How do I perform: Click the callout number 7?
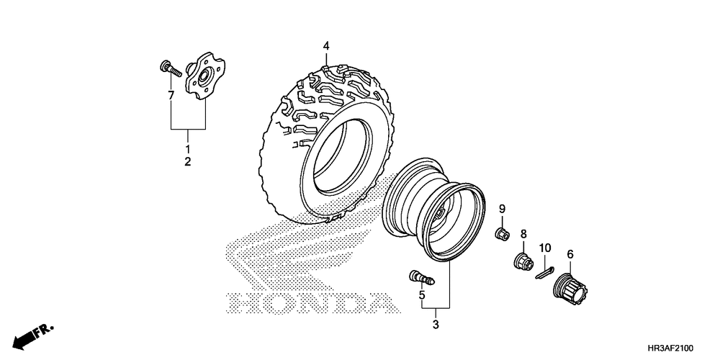coord(171,96)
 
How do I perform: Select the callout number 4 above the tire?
coord(326,46)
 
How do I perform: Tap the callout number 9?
coord(502,209)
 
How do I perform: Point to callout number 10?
coord(544,248)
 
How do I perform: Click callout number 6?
coord(570,254)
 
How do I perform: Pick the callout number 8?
coord(523,234)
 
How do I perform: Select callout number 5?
coord(421,296)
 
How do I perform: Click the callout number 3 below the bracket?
coord(436,325)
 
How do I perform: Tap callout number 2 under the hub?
coord(188,161)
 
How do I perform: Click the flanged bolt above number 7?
coord(169,69)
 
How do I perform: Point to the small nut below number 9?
coord(502,234)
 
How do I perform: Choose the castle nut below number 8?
coord(523,262)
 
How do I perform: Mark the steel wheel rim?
coord(433,211)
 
